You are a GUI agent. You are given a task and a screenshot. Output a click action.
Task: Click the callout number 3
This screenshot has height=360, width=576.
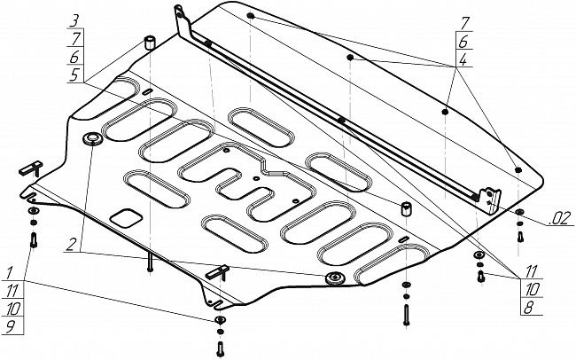(x=75, y=20)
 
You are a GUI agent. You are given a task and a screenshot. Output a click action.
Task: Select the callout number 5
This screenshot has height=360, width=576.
(x=74, y=75)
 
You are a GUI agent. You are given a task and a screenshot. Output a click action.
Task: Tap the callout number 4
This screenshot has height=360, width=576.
(x=463, y=59)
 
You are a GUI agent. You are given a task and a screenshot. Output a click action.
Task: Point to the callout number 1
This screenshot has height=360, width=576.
(x=10, y=273)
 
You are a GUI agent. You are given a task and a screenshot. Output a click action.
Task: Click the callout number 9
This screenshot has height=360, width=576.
(x=11, y=326)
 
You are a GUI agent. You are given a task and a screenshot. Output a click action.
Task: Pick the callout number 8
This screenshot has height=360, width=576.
(x=529, y=308)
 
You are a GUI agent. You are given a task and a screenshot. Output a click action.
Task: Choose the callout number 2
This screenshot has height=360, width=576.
(x=71, y=244)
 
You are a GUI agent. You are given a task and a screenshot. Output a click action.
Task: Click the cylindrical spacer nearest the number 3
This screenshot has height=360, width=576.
(x=149, y=43)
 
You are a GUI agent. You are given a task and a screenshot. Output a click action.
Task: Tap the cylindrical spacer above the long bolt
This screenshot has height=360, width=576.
(x=406, y=209)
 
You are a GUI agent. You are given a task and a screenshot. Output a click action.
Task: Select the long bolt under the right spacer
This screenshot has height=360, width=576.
(x=406, y=315)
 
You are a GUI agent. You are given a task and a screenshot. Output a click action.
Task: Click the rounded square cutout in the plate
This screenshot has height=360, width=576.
(x=127, y=218)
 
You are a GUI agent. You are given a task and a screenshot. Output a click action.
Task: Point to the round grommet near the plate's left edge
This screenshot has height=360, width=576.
(x=91, y=139)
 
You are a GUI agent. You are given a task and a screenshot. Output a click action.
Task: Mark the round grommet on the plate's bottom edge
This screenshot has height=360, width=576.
(x=335, y=278)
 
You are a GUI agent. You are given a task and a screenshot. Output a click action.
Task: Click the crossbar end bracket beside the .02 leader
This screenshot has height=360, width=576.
(x=490, y=200)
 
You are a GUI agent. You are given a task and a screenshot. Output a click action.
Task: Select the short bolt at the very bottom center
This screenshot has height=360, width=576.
(x=220, y=348)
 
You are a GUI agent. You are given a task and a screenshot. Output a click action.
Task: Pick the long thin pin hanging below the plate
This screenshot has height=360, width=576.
(x=150, y=262)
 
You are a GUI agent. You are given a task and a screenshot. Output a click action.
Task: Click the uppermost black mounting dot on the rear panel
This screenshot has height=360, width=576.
(x=250, y=16)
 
